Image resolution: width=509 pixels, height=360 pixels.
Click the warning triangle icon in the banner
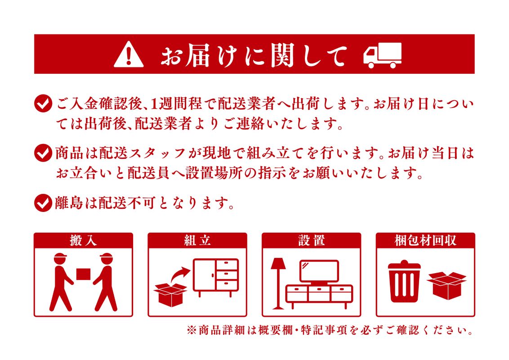coord(129,54)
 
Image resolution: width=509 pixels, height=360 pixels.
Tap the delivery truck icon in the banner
coord(382,55)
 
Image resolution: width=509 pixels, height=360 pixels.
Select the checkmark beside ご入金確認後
coord(43,103)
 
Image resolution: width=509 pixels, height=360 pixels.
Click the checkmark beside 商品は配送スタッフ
coord(43,153)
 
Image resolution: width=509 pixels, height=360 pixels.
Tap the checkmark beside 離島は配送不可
coord(43,203)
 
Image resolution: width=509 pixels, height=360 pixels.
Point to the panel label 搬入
coord(83,241)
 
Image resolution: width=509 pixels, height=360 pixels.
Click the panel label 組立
coord(197,241)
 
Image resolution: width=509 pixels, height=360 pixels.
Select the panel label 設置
coord(311,241)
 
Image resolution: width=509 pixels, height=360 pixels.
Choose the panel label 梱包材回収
coord(425,241)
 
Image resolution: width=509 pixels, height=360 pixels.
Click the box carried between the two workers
coord(84,274)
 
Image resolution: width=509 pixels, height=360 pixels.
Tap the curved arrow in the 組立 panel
coord(180,275)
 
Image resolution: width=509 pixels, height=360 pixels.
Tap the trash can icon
coord(404,281)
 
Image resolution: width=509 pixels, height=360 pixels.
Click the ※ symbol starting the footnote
coord(192,330)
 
